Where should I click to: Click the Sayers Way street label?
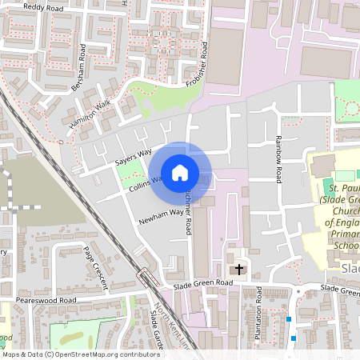133,156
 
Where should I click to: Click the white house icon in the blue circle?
180,172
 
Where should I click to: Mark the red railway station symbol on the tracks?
146,278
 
